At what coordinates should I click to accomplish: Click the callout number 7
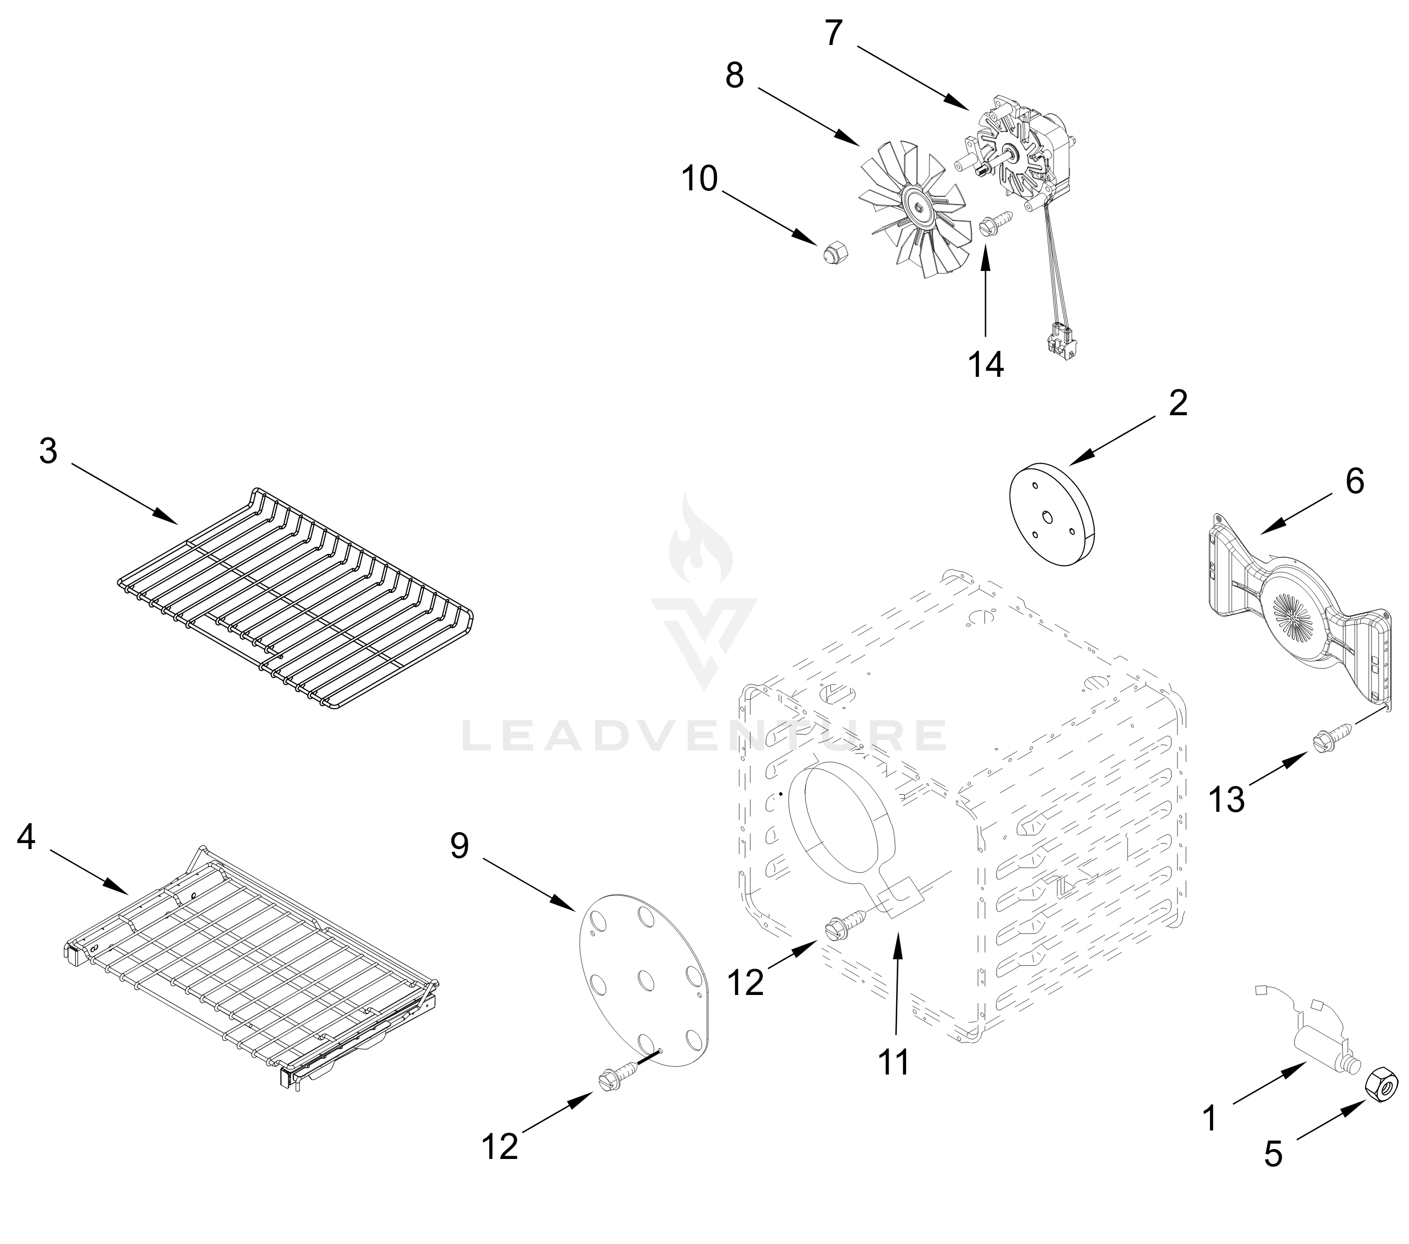pyautogui.click(x=834, y=32)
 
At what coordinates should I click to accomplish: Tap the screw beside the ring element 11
pyautogui.click(x=846, y=924)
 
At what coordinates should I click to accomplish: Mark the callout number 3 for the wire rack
pyautogui.click(x=48, y=451)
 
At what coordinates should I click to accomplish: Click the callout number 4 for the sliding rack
pyautogui.click(x=26, y=838)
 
